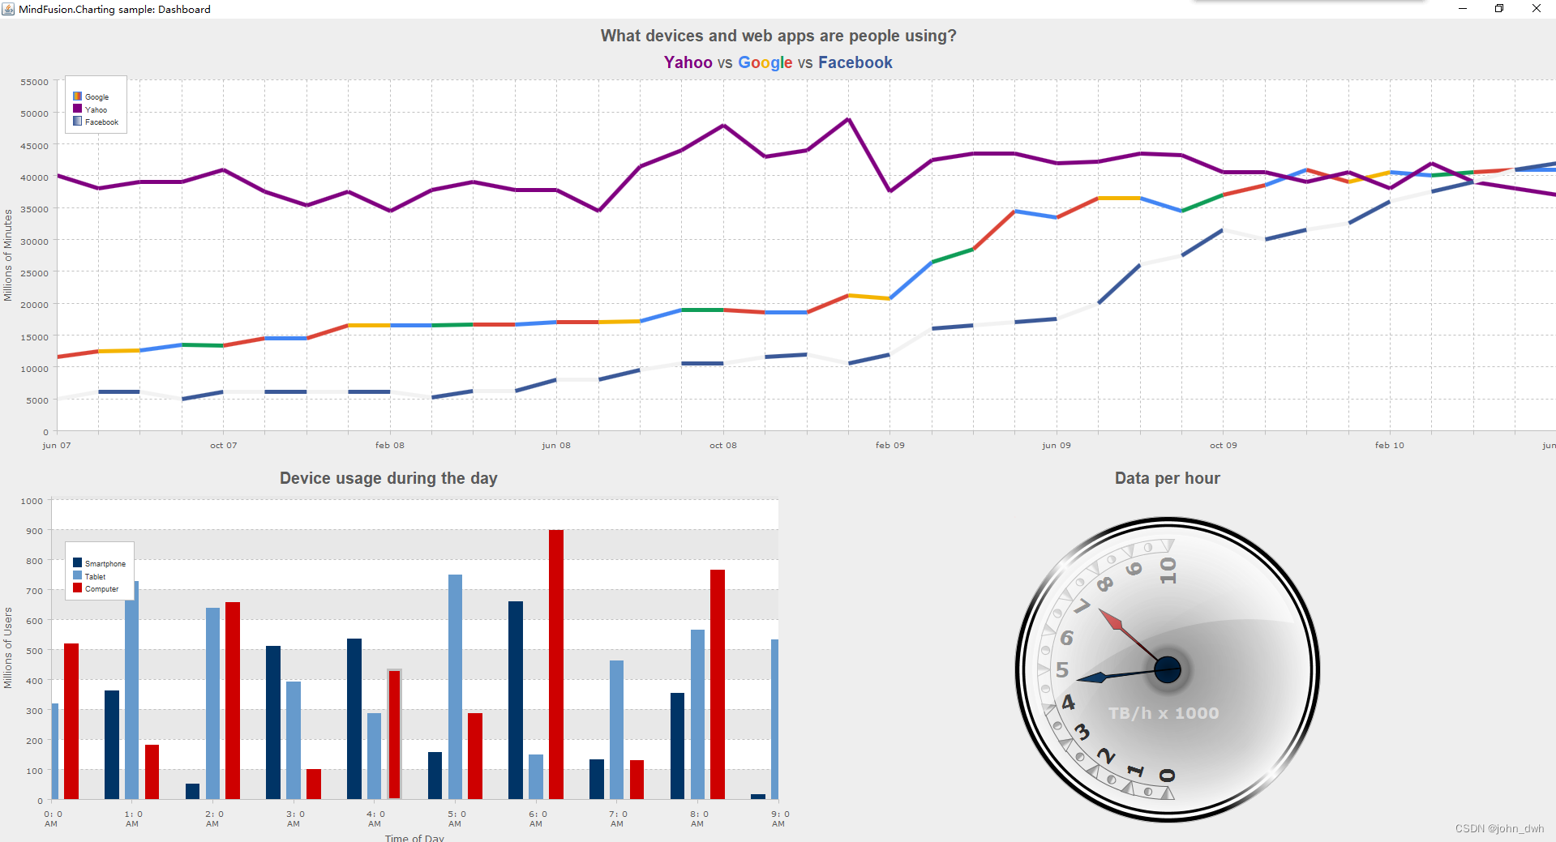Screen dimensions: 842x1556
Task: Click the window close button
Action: tap(1536, 9)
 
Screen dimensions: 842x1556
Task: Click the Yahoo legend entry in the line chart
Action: tap(95, 109)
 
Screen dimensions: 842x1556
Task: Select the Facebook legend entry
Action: tap(101, 122)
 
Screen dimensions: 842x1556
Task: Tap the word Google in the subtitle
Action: tap(765, 62)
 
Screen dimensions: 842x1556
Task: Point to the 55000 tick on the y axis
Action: tap(35, 82)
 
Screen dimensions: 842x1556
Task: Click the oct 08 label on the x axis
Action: tap(722, 445)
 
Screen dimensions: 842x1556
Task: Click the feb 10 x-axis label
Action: tap(1389, 445)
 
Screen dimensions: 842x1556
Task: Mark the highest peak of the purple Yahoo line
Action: tap(848, 120)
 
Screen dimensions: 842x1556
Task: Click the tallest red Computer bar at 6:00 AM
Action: tap(556, 665)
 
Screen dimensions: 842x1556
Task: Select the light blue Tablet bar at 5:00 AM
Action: tap(455, 686)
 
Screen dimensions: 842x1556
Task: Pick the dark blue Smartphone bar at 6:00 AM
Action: tap(516, 699)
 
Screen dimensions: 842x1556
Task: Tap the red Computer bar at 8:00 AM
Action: tap(717, 684)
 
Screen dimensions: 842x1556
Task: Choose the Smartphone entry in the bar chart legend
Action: tap(104, 563)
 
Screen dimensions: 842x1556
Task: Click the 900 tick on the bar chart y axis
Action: tap(35, 531)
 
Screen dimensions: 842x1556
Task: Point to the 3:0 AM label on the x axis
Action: tap(294, 818)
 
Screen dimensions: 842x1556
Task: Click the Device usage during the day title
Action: tap(388, 478)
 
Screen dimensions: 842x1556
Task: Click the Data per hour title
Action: tap(1167, 478)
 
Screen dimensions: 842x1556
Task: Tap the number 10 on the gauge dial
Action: tap(1168, 570)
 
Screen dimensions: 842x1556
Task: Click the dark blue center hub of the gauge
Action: tap(1168, 669)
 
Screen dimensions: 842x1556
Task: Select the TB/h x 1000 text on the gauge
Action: tap(1164, 713)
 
